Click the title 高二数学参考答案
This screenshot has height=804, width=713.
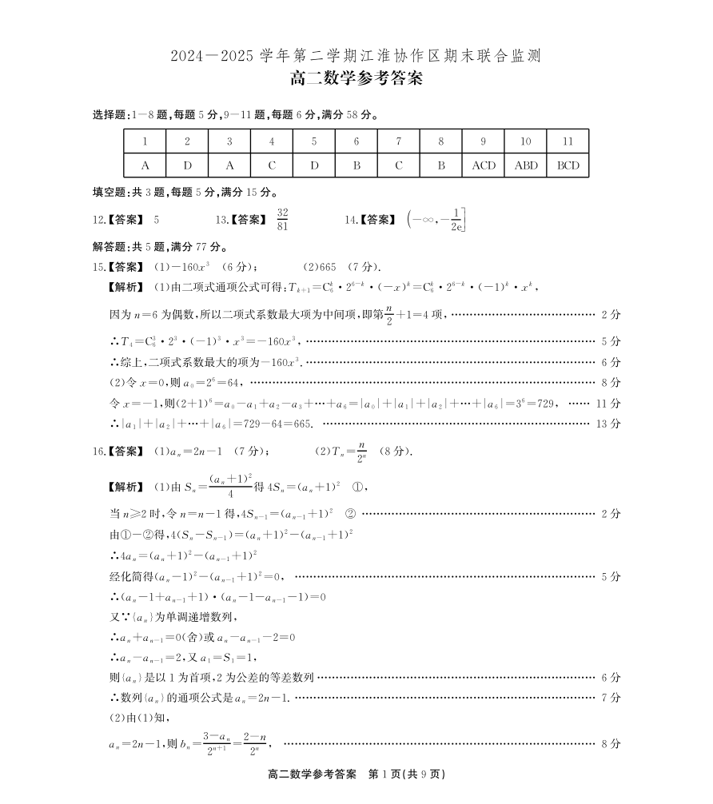point(356,79)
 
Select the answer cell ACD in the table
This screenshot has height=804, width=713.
point(483,165)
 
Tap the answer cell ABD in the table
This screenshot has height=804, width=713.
point(525,165)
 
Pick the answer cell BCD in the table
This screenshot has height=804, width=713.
point(568,165)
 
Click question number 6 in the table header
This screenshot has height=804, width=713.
point(356,141)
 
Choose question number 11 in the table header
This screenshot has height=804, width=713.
point(568,141)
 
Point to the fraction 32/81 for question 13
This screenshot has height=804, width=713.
point(282,218)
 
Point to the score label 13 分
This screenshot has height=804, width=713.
point(608,424)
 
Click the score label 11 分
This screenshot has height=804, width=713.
point(608,404)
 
